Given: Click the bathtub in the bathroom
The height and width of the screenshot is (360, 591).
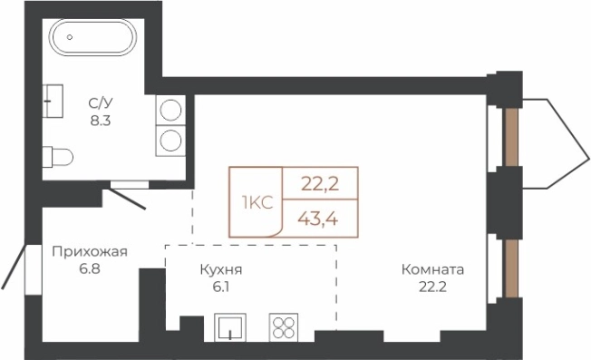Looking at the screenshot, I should pyautogui.click(x=92, y=42).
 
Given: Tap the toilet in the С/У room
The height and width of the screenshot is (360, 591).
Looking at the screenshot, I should pyautogui.click(x=58, y=156).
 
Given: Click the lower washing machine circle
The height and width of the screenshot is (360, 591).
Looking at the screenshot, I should pyautogui.click(x=169, y=140).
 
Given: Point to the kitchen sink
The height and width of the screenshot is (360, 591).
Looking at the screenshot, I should pyautogui.click(x=230, y=328).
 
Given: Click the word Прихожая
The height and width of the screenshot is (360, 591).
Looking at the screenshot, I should pyautogui.click(x=89, y=252).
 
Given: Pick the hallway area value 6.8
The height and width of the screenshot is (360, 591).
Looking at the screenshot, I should pyautogui.click(x=89, y=269).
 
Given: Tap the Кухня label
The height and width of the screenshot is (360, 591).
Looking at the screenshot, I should pyautogui.click(x=222, y=269).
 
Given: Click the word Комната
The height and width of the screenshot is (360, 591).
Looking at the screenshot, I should pyautogui.click(x=433, y=269).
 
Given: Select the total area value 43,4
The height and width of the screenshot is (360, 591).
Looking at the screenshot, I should pyautogui.click(x=319, y=219).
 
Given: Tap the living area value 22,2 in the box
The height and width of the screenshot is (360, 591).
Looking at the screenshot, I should pyautogui.click(x=319, y=184).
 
